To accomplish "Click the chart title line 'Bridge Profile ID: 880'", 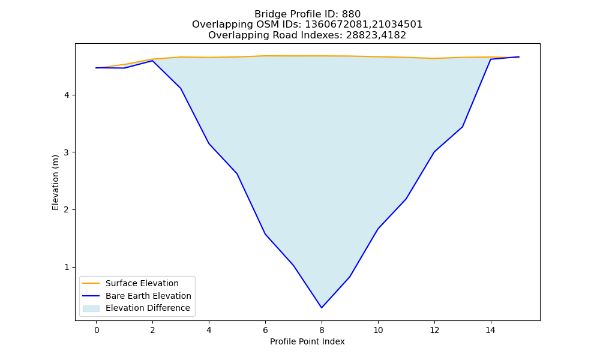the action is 307,14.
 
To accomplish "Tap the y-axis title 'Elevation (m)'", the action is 55,182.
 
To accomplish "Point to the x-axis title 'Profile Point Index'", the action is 307,341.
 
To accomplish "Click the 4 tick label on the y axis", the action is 67,95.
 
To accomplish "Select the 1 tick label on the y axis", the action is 67,267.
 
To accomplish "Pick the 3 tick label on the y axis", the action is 67,152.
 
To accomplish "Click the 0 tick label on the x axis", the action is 97,330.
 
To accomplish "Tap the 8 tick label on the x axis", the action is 322,330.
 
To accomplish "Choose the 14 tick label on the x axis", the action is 491,330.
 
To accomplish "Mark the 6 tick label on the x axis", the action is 265,330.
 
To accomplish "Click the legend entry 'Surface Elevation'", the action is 142,283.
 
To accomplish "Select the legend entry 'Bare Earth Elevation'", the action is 148,296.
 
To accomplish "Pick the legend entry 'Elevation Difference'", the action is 148,308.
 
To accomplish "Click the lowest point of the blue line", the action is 322,308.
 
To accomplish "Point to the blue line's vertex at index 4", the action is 209,143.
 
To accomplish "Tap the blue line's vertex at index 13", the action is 462,127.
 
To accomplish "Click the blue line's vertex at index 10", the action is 377,229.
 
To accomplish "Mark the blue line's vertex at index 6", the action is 265,234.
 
